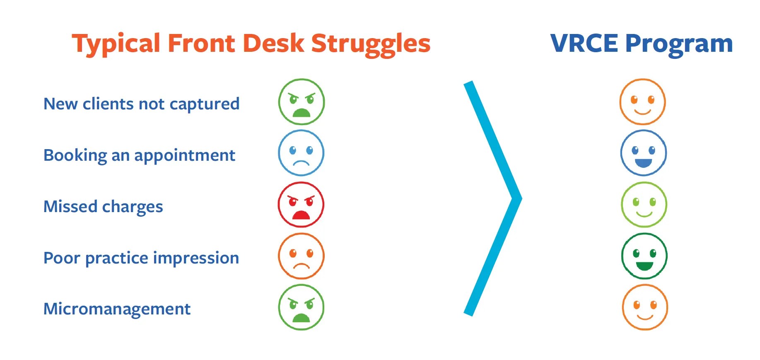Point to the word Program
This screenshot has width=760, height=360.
pos(679,45)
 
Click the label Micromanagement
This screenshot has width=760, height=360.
pos(117,309)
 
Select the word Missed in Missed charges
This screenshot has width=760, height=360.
pos(70,206)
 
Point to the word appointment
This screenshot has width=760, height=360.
pos(185,156)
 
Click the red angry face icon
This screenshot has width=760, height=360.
pos(301,205)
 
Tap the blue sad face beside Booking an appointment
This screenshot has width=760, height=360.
pos(301,153)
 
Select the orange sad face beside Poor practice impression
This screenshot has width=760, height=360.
pos(301,256)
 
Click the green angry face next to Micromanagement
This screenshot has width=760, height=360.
pos(301,307)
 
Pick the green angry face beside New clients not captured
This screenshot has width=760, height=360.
pos(301,102)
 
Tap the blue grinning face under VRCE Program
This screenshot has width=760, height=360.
pos(643,153)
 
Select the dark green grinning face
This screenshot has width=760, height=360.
pos(644,256)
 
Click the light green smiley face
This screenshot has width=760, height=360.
pos(644,205)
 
